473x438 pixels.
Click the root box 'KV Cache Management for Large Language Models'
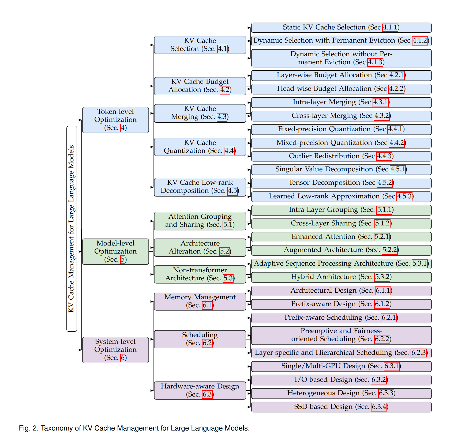[x=72, y=229]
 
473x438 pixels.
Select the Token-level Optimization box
[x=115, y=120]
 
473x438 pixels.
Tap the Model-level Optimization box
[x=115, y=251]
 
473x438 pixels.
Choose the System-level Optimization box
[x=115, y=350]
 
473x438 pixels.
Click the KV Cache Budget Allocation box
[x=200, y=86]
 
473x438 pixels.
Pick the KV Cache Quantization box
[x=200, y=147]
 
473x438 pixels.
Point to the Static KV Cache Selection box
[x=341, y=28]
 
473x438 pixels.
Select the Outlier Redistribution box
[x=341, y=156]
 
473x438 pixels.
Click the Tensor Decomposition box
[x=341, y=183]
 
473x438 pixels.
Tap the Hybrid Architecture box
[x=341, y=277]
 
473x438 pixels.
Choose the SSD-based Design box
[x=341, y=407]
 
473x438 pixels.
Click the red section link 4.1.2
[x=420, y=41]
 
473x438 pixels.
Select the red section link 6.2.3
[x=419, y=353]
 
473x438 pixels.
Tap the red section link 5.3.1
[x=420, y=263]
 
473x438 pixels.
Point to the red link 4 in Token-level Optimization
[x=123, y=128]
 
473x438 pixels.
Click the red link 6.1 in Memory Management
[x=208, y=305]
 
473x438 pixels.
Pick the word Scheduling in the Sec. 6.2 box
[x=200, y=335]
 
